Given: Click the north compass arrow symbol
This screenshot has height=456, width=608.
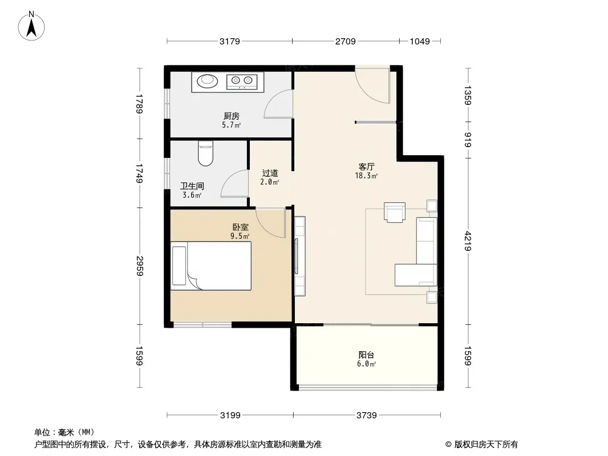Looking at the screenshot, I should click(x=33, y=26).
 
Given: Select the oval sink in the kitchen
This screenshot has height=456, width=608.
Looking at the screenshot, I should click(x=208, y=82).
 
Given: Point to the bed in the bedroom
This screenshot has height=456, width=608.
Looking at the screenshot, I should click(x=212, y=266).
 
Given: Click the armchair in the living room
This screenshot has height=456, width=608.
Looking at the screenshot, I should click(x=395, y=211).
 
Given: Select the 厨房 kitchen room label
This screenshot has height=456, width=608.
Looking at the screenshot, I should click(x=231, y=116).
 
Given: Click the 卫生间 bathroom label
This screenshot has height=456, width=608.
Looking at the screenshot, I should click(x=192, y=186).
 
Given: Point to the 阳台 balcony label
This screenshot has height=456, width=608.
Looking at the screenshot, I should click(x=367, y=355).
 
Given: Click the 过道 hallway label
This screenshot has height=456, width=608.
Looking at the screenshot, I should click(x=270, y=173).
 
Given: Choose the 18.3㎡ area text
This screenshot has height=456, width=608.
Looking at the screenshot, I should click(x=366, y=177).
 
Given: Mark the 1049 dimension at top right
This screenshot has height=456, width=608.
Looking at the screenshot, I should click(x=419, y=41).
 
